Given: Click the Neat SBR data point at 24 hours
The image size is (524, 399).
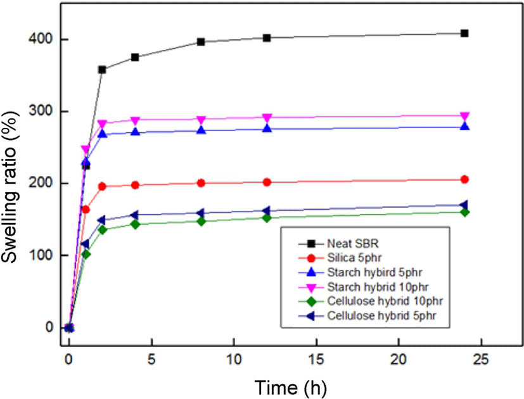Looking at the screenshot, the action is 464,34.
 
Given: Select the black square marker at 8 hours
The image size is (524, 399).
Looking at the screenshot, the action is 201,42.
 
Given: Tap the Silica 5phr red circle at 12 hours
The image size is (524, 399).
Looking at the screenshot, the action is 267,182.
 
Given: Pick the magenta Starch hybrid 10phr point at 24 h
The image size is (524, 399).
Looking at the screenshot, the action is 464,117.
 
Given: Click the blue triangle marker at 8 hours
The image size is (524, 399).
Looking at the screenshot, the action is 201,130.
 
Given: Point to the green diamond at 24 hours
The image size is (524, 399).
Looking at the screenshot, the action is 464,212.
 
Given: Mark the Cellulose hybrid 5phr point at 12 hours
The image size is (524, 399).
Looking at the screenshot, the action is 266,211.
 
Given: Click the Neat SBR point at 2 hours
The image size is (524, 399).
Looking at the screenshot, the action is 102,70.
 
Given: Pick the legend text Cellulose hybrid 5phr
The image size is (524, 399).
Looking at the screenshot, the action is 381,315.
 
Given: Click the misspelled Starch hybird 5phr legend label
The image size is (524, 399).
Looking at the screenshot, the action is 374,272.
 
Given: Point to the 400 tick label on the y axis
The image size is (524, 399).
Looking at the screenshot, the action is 41,39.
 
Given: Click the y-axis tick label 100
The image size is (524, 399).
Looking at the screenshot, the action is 41,255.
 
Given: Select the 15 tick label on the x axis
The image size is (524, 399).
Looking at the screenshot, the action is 316,359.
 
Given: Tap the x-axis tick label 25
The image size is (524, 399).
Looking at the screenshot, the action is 481,359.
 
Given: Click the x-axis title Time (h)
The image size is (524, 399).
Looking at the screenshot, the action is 291,388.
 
